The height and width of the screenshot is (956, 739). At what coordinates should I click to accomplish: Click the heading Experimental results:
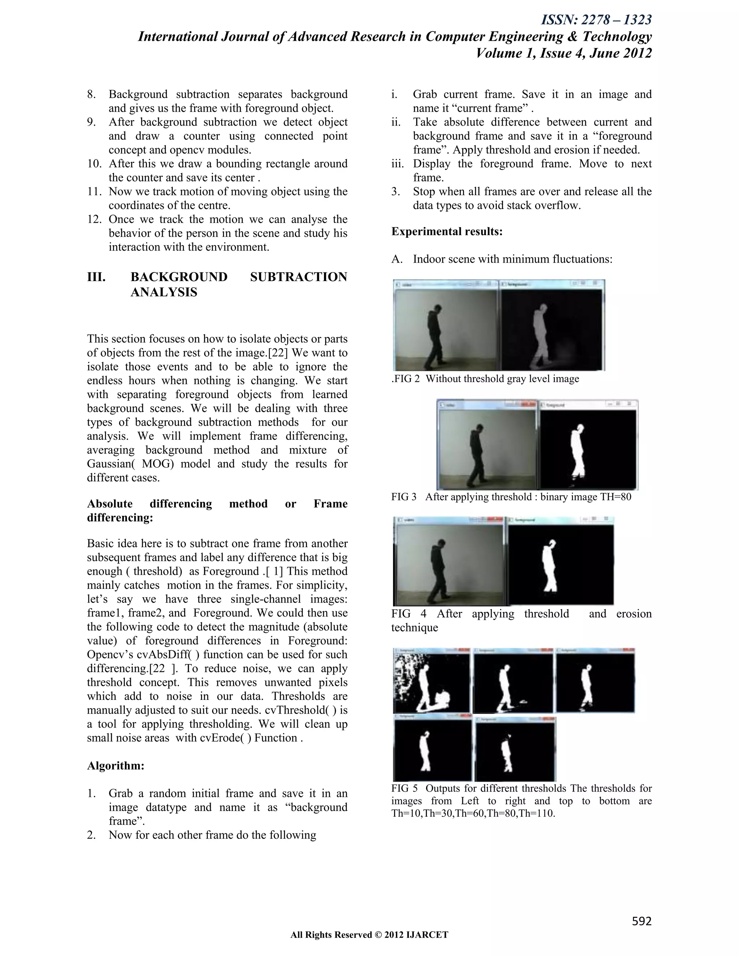click(x=447, y=231)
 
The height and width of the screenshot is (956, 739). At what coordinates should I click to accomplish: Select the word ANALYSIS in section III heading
click(x=164, y=293)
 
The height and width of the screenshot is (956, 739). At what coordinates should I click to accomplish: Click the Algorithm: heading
click(x=115, y=766)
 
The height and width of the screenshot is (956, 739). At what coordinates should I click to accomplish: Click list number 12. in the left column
click(x=95, y=219)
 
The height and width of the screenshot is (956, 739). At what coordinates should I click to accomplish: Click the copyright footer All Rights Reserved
click(x=369, y=935)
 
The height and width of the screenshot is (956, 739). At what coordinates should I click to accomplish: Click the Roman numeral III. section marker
click(x=96, y=277)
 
